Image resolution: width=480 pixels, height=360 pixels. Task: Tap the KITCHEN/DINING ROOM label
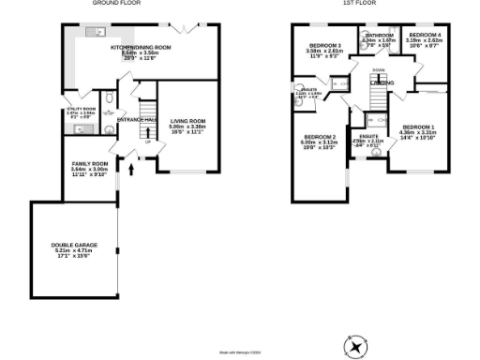pos(140,47)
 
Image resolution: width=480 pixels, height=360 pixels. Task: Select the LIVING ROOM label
pos(188,122)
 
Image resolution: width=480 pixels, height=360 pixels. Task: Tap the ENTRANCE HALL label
pos(135,119)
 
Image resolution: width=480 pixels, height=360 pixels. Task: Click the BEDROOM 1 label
pos(418,127)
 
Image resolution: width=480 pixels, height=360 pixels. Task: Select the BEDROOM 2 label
pos(319,139)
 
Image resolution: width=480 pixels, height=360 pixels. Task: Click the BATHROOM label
pos(379,36)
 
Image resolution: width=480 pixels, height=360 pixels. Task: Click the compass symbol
pos(354,346)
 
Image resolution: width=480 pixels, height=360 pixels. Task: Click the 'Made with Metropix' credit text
pos(240,352)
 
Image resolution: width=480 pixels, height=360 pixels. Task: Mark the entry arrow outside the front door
pos(131,170)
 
